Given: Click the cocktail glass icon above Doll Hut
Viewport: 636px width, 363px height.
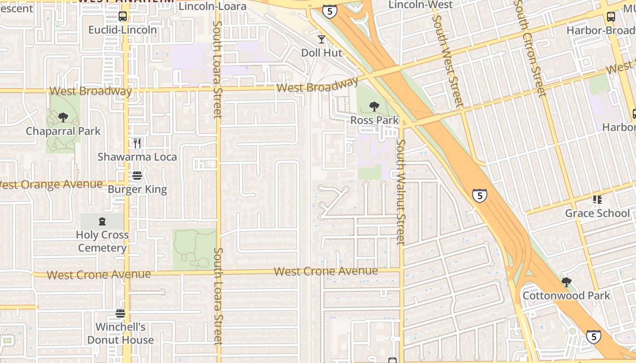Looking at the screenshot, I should click(x=322, y=39).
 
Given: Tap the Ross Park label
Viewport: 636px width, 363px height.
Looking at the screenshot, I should click(x=374, y=120).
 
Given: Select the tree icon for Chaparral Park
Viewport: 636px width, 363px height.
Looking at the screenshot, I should click(x=63, y=118).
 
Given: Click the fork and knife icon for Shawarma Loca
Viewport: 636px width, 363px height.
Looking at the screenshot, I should click(x=137, y=143).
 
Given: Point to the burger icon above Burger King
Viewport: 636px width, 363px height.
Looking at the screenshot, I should click(x=137, y=176).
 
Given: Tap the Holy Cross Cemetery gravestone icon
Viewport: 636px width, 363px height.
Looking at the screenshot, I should click(x=102, y=221).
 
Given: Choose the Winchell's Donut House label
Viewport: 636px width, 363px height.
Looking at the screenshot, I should click(x=120, y=334).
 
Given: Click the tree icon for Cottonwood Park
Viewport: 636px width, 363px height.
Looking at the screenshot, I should click(x=566, y=282).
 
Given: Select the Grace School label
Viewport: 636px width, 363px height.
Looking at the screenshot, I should click(x=597, y=213).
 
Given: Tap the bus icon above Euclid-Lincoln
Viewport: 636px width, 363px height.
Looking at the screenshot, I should click(x=122, y=17).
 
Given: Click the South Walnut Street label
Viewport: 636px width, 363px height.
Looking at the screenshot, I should click(x=400, y=191).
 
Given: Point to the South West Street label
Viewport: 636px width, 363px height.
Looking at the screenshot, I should click(x=448, y=54).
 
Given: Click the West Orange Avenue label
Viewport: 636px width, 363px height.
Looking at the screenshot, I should click(x=51, y=185).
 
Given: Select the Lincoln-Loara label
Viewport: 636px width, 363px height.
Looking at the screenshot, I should click(x=213, y=6).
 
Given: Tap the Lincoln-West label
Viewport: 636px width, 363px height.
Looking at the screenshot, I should click(x=421, y=5).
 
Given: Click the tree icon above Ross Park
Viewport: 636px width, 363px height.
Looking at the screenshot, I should click(x=374, y=107).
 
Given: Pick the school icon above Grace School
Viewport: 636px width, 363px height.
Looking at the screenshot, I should click(x=597, y=200).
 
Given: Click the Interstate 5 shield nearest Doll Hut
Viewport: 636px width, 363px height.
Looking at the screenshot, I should click(x=330, y=11).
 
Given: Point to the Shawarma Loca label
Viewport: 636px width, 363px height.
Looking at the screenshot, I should click(x=137, y=157).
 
